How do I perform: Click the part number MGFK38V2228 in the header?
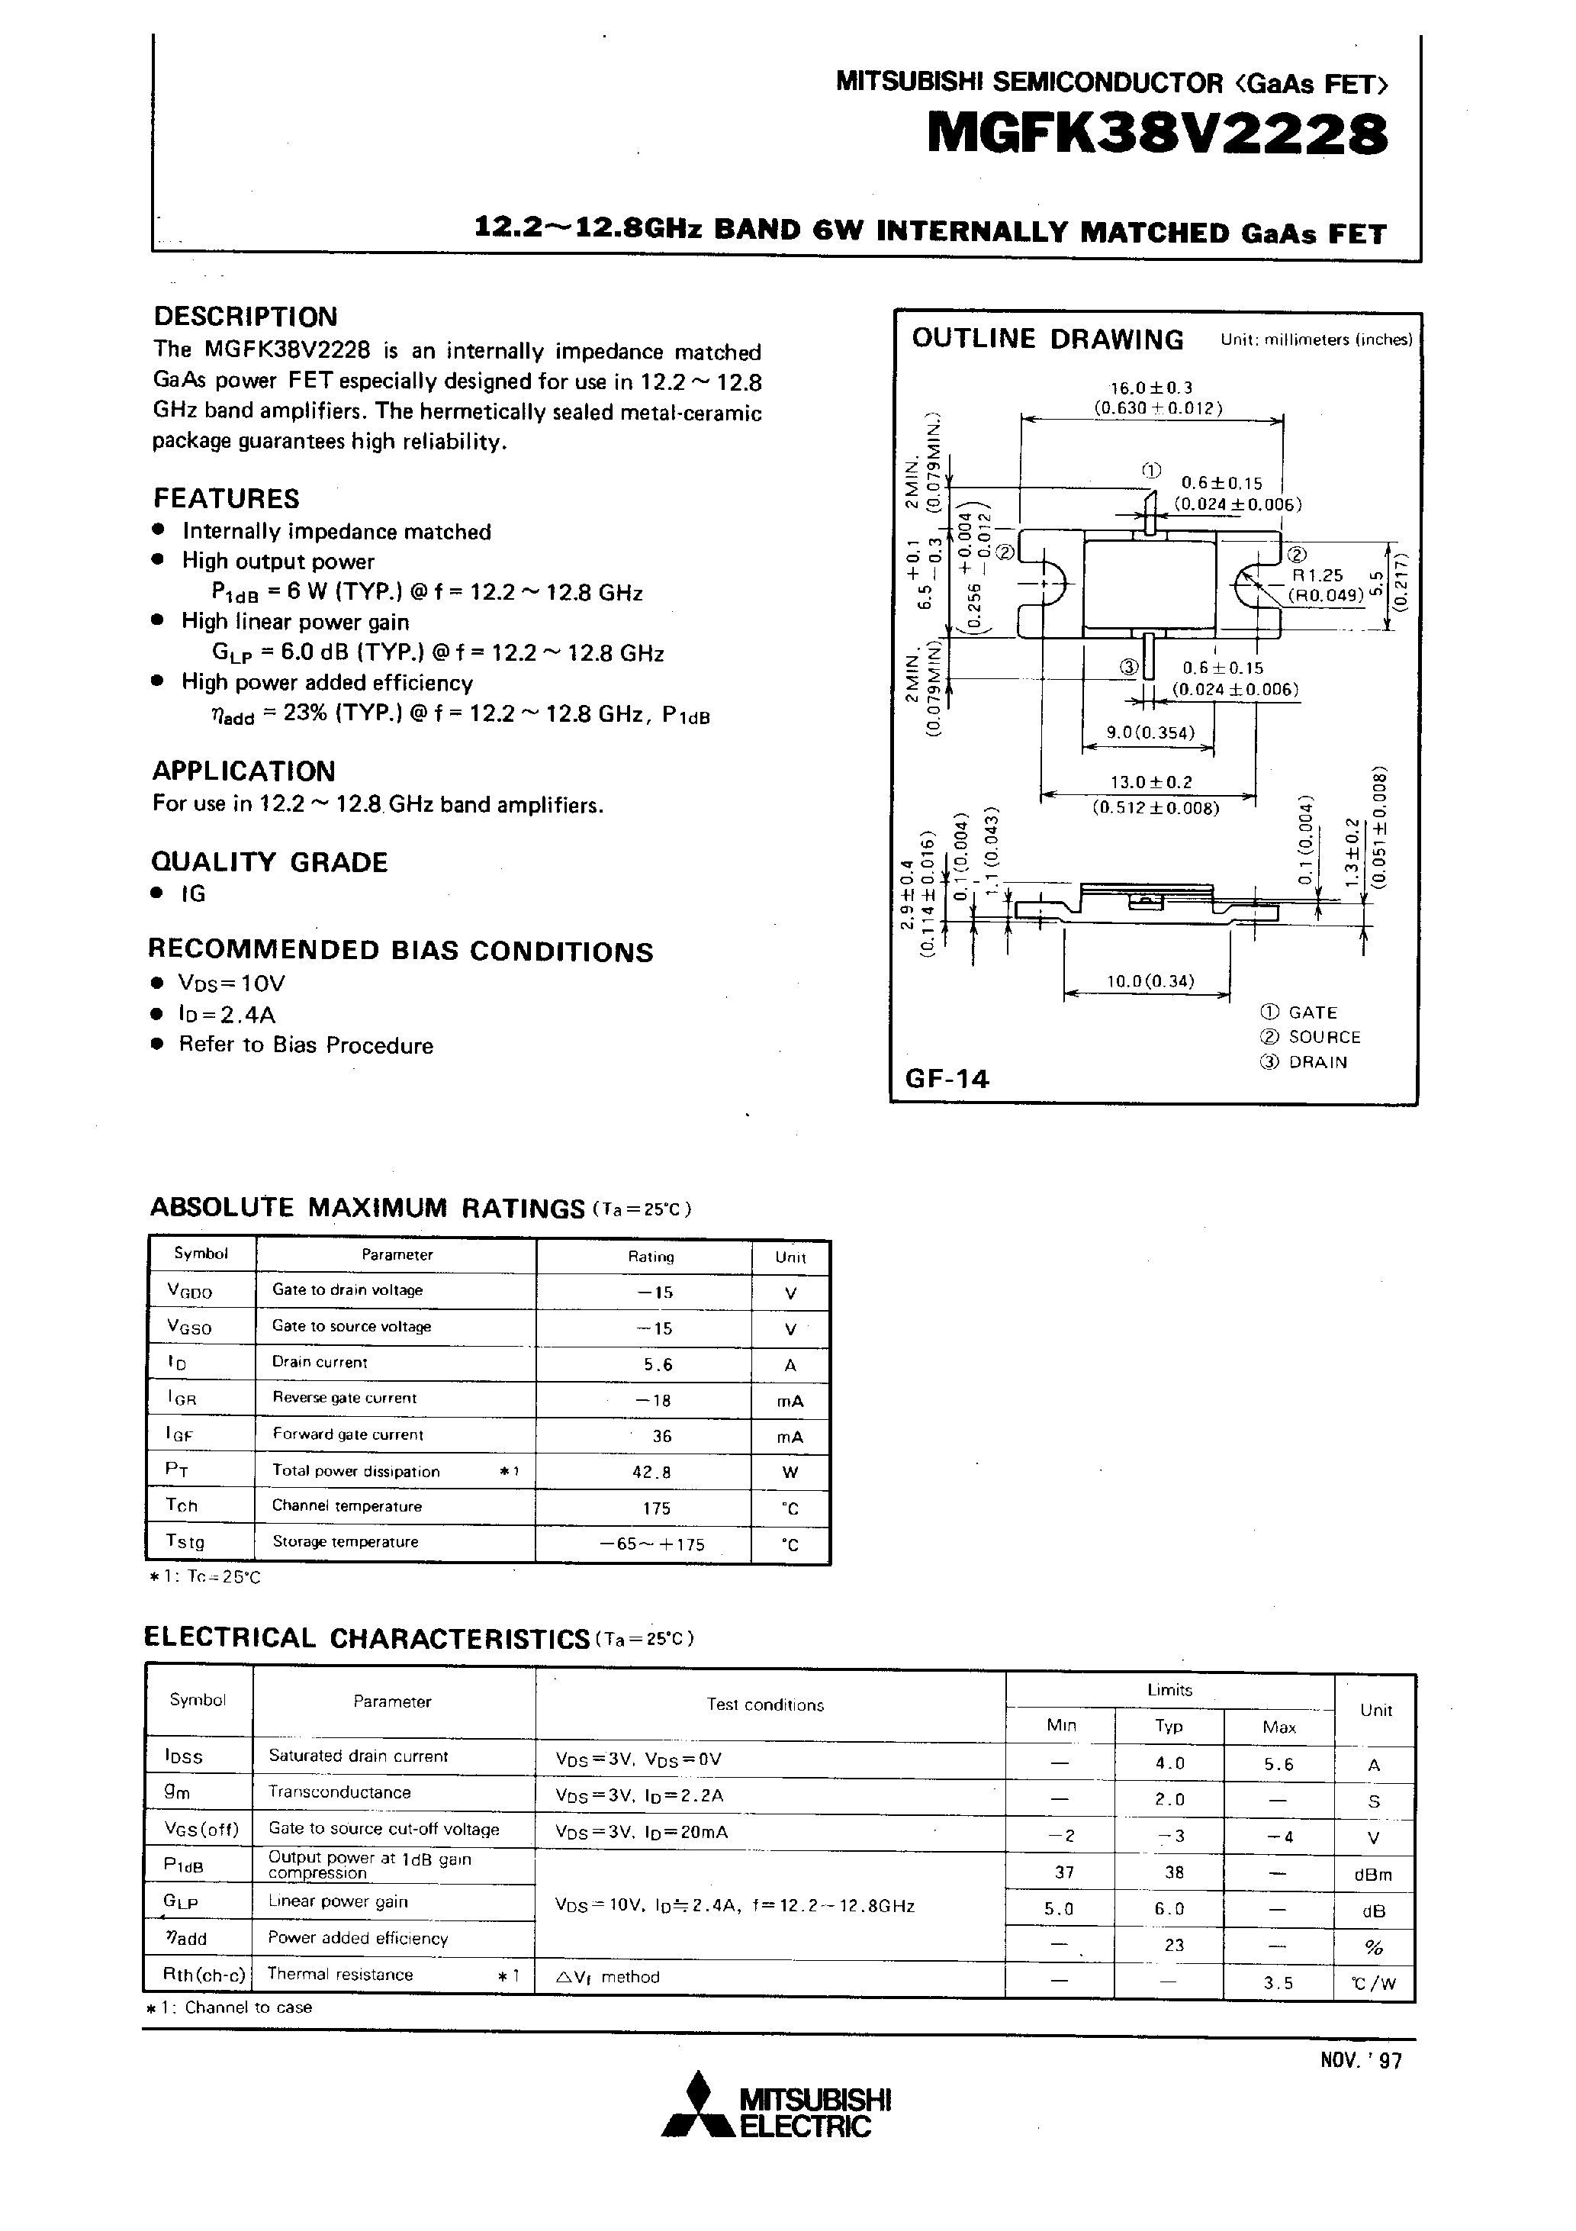click(x=1156, y=134)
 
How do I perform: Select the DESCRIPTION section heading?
click(x=246, y=317)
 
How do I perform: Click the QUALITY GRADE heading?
click(x=269, y=862)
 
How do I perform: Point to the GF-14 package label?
click(x=947, y=1079)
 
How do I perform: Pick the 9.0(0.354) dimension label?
click(x=1150, y=732)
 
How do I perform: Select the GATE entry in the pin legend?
click(x=1312, y=1012)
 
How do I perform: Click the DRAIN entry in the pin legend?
click(x=1317, y=1062)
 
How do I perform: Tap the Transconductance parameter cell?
click(x=339, y=1792)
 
